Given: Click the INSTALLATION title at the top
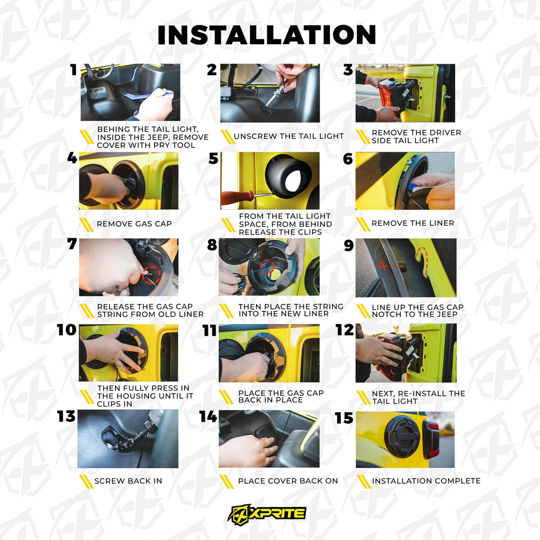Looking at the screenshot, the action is [267, 35].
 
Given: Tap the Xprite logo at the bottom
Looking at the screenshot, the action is [267, 515].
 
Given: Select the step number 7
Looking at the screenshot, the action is [72, 244].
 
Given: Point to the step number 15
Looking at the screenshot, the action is [344, 418].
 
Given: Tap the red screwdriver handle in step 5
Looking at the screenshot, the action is [237, 198].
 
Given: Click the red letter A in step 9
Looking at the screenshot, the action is [382, 265].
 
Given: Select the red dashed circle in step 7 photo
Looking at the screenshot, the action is [152, 275].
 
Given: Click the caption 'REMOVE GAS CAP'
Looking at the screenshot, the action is [134, 224].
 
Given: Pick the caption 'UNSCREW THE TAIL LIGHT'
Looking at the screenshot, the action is [288, 137].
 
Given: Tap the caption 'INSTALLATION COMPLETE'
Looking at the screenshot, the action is [426, 481].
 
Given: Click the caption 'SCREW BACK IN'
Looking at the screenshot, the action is [128, 481].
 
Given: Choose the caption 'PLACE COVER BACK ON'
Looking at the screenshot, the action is [288, 481].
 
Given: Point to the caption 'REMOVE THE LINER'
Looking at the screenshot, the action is [413, 223].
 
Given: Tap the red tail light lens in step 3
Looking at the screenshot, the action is [385, 92].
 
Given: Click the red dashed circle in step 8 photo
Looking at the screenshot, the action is [267, 267].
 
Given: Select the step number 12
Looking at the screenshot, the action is [345, 330].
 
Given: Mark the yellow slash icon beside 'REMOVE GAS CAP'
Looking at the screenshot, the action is [86, 225].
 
